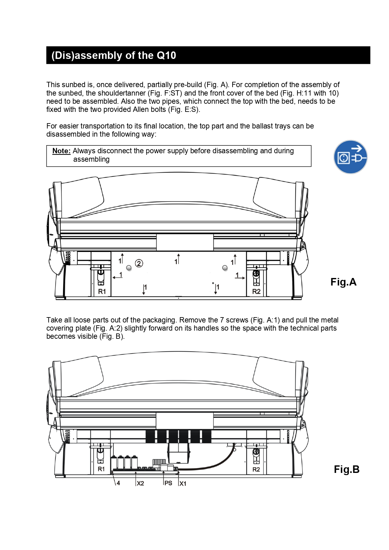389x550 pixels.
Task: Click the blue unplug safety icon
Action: point(350,157)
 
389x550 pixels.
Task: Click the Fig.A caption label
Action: point(343,282)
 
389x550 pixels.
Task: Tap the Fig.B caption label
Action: point(346,469)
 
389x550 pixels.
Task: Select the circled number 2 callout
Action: point(139,263)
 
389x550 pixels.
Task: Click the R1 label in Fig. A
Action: point(102,291)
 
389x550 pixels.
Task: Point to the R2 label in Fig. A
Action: point(256,291)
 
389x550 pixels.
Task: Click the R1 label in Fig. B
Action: point(101,469)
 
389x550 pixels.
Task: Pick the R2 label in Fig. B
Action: point(256,469)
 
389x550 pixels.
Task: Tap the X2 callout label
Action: point(140,484)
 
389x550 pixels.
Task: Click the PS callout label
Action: point(168,483)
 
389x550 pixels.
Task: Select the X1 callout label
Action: point(183,484)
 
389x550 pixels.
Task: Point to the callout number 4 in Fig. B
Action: point(118,483)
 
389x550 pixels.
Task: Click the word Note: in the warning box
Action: point(61,151)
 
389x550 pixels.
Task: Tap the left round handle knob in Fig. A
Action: point(129,268)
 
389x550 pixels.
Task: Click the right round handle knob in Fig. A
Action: point(225,268)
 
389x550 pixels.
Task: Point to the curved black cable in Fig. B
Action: point(213,464)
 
